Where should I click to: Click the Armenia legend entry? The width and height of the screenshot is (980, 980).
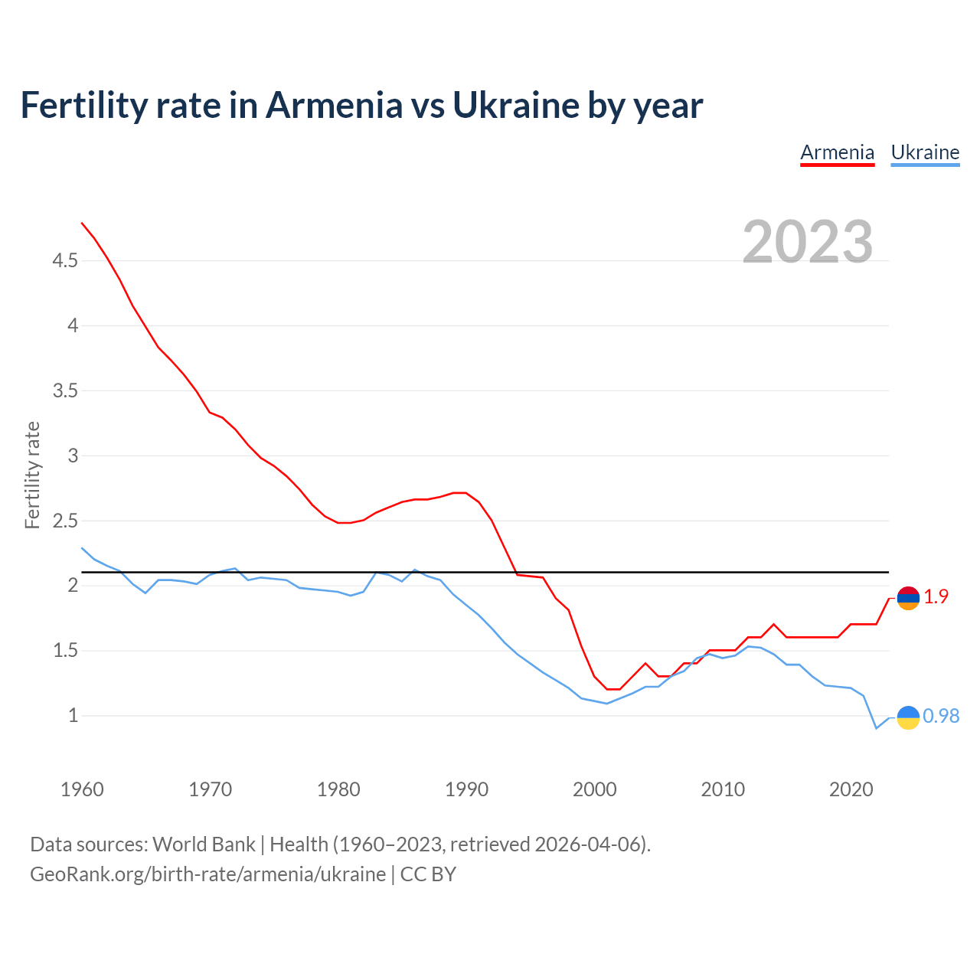click(x=837, y=152)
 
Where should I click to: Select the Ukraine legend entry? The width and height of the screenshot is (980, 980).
click(x=925, y=152)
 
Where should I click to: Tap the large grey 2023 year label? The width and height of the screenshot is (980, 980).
click(x=808, y=242)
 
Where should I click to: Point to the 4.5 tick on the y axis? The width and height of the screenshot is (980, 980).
click(x=65, y=261)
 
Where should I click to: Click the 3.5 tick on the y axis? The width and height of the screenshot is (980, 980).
click(x=65, y=391)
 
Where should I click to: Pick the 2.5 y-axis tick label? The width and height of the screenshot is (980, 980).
click(x=65, y=521)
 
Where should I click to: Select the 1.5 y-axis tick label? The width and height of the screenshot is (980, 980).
click(x=65, y=651)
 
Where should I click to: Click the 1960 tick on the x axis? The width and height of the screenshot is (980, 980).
click(x=82, y=789)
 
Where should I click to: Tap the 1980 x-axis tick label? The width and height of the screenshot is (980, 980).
click(x=338, y=789)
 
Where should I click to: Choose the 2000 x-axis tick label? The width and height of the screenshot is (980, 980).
click(x=595, y=789)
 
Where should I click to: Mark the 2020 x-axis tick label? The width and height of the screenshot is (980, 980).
click(x=851, y=789)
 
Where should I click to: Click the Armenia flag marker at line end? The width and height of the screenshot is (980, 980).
click(x=908, y=598)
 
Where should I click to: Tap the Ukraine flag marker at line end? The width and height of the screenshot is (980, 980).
click(x=908, y=717)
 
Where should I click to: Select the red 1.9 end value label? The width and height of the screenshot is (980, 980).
click(x=936, y=597)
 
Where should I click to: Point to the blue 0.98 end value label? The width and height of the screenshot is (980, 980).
click(x=941, y=716)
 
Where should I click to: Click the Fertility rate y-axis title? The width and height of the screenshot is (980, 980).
click(x=32, y=475)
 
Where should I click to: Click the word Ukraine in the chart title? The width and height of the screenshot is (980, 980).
click(x=516, y=106)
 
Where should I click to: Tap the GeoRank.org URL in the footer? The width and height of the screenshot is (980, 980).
click(x=207, y=874)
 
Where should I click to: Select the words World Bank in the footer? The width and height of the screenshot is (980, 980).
click(x=204, y=844)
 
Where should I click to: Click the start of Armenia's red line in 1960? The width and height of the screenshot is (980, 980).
click(x=82, y=223)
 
